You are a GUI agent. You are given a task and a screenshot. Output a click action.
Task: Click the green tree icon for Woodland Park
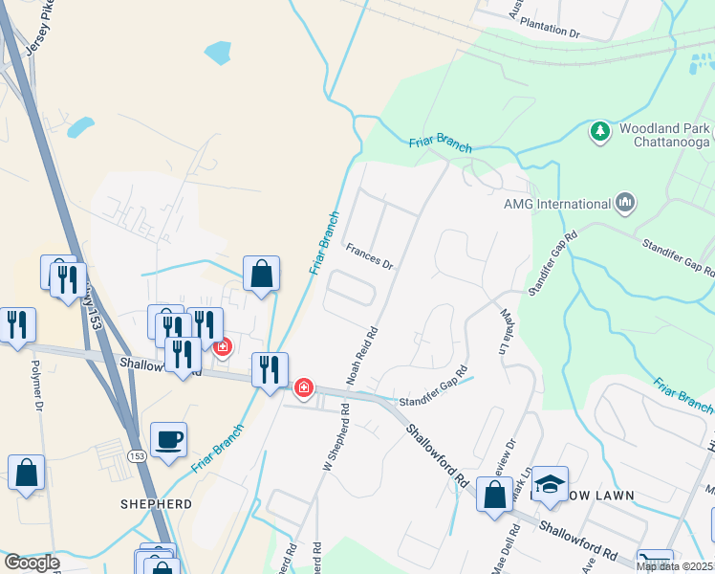[x=600, y=130]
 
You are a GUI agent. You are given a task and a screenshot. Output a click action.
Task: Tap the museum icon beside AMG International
[x=626, y=203]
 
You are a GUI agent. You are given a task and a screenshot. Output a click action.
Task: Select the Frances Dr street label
[x=370, y=255]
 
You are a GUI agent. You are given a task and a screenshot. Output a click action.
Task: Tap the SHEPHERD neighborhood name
[x=157, y=503]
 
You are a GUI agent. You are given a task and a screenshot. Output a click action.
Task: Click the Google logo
[x=31, y=563]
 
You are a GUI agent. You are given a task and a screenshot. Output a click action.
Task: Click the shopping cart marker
[x=655, y=563]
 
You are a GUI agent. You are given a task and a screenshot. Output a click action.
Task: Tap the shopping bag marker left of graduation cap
[x=495, y=496]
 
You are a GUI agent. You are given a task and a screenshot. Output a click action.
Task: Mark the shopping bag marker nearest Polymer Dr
[x=26, y=473]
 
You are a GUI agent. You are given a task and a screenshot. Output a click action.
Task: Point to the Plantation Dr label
[x=549, y=32]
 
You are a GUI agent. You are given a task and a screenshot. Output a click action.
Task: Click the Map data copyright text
[x=674, y=566]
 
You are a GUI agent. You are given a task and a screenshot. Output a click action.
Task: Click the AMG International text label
[x=557, y=204]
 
